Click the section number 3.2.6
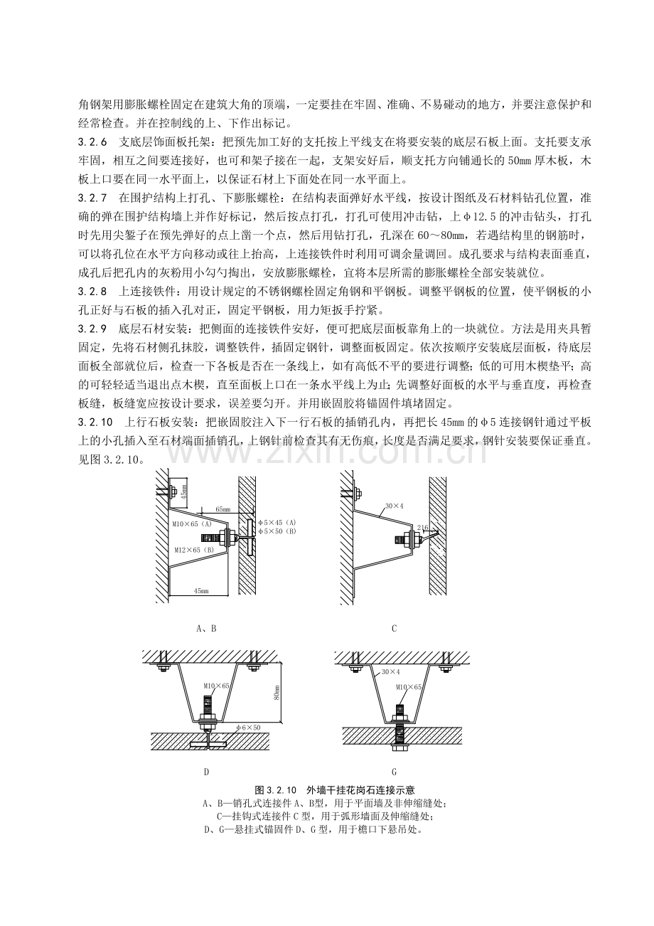pyautogui.click(x=92, y=143)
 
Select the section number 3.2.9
pyautogui.click(x=92, y=329)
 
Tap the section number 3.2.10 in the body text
pyautogui.click(x=95, y=422)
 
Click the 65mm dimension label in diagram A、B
pyautogui.click(x=223, y=509)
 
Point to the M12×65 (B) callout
pyautogui.click(x=193, y=550)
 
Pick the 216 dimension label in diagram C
pyautogui.click(x=422, y=528)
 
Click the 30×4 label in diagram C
pyautogui.click(x=394, y=506)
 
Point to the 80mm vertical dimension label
pyautogui.click(x=277, y=691)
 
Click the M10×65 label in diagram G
pyautogui.click(x=408, y=686)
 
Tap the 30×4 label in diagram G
pyautogui.click(x=390, y=672)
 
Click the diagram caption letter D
pyautogui.click(x=207, y=772)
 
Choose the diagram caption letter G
pyautogui.click(x=394, y=772)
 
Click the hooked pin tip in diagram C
pyautogui.click(x=436, y=533)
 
